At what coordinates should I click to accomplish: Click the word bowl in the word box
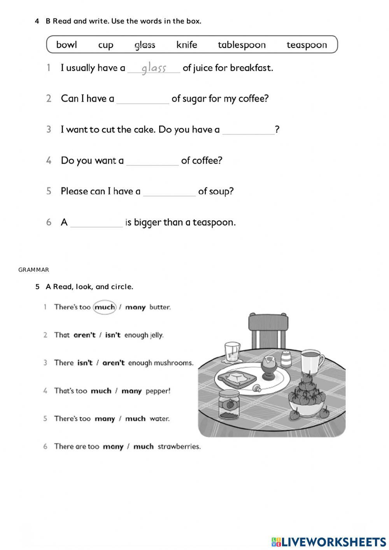[67, 45]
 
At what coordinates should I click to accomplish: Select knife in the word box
[187, 45]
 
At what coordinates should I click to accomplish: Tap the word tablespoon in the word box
[242, 45]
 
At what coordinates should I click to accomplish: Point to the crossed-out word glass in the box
[145, 45]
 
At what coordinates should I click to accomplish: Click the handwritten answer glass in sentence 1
[154, 68]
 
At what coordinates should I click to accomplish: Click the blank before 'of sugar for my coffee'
[143, 100]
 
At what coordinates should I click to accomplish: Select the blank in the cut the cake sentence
[248, 130]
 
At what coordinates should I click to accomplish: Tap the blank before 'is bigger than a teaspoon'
[96, 223]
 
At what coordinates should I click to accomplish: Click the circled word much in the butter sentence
[105, 307]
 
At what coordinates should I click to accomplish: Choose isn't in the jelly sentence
[113, 335]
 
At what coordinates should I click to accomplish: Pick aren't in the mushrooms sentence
[113, 363]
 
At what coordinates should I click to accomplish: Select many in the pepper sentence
[131, 391]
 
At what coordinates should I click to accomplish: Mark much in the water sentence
[135, 419]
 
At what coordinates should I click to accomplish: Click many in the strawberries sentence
[113, 447]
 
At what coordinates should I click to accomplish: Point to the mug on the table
[311, 362]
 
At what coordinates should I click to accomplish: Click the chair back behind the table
[268, 327]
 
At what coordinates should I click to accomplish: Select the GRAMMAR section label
[34, 270]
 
